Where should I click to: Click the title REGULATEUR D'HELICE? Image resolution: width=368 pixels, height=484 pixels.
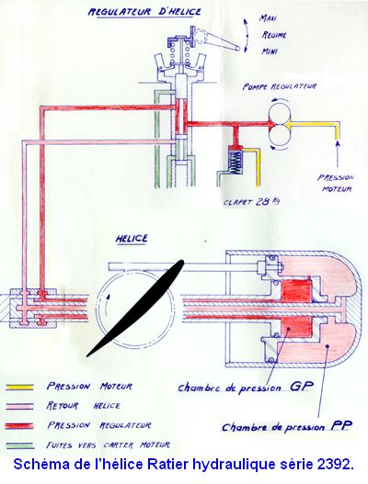tap(144, 12)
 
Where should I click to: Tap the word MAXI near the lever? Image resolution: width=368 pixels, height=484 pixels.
tap(268, 18)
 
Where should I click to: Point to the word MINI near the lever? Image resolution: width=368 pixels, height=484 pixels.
tap(270, 51)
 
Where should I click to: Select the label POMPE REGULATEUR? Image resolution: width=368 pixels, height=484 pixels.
tap(280, 86)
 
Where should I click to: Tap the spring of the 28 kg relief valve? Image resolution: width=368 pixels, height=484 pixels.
tap(236, 163)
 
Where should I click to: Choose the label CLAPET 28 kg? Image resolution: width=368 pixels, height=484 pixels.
tap(251, 202)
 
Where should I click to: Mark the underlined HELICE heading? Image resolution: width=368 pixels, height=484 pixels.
tap(132, 239)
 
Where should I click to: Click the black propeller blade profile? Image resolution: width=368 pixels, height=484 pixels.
tap(135, 308)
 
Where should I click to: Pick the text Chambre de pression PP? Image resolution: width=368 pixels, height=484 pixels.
tap(287, 426)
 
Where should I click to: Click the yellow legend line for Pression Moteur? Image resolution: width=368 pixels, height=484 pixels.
tap(20, 387)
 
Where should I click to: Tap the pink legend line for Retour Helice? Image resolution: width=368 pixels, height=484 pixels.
tap(20, 406)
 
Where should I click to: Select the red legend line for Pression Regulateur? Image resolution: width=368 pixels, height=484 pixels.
tap(20, 426)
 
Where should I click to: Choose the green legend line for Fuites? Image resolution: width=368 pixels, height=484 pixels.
tap(20, 445)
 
